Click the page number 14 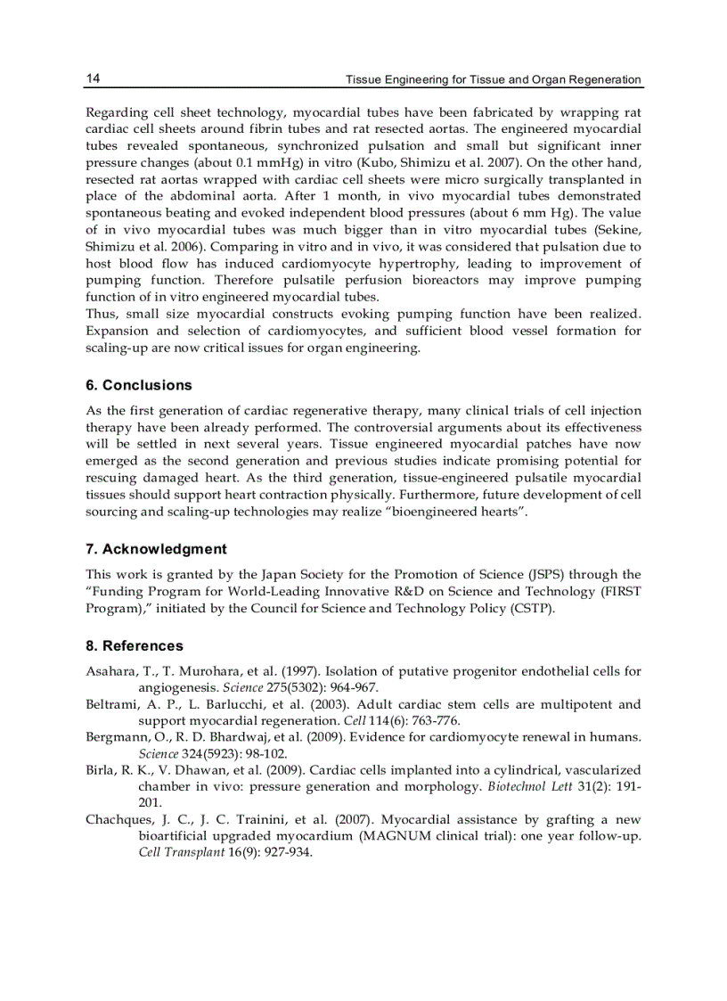[x=93, y=78]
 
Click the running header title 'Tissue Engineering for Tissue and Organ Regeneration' [x=493, y=79]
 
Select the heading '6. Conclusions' [x=138, y=385]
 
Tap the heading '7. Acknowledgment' [x=156, y=549]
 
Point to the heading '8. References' [x=134, y=645]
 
